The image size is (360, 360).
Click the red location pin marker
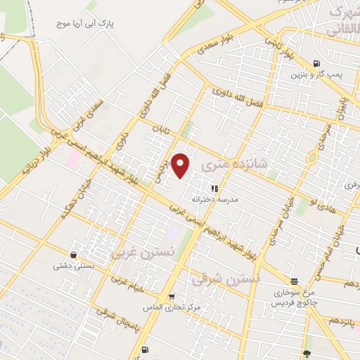pos(181,165)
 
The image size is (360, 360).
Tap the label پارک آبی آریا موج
pos(86,24)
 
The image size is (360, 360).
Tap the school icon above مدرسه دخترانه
pos(214,188)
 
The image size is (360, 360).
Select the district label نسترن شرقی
pos(226,278)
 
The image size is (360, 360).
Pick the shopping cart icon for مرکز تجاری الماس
pos(172,297)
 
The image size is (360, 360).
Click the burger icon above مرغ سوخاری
pos(294,280)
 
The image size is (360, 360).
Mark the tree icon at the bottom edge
pos(307,354)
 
